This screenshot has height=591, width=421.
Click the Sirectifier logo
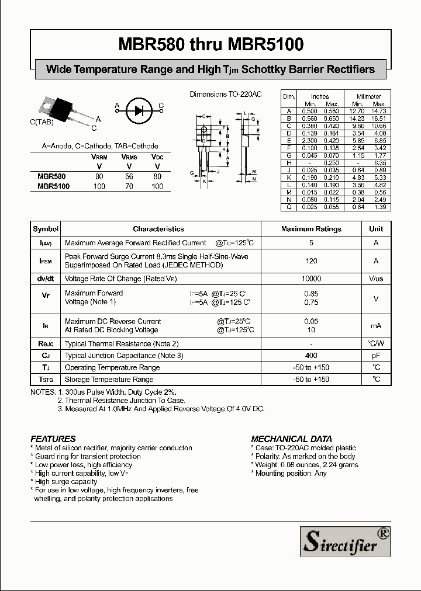pyautogui.click(x=345, y=541)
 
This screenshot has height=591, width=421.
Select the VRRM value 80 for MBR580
pyautogui.click(x=99, y=176)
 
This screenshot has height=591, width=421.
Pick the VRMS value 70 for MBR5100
pyautogui.click(x=129, y=186)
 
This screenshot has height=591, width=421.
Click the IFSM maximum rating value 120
pyautogui.click(x=311, y=261)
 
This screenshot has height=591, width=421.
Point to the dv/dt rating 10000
pyautogui.click(x=311, y=279)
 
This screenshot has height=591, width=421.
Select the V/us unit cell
pyautogui.click(x=376, y=279)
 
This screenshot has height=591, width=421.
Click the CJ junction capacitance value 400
pyautogui.click(x=311, y=356)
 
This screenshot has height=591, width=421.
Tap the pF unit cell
pyautogui.click(x=376, y=356)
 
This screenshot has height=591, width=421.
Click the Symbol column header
pyautogui.click(x=46, y=230)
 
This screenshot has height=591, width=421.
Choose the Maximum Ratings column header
pyautogui.click(x=311, y=230)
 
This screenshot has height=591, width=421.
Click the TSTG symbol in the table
pyautogui.click(x=46, y=380)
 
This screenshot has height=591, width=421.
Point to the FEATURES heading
pyautogui.click(x=53, y=439)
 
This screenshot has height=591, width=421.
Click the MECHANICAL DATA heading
pyautogui.click(x=291, y=439)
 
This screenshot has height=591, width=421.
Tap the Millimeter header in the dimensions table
pyautogui.click(x=368, y=96)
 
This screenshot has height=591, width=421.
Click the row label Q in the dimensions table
pyautogui.click(x=288, y=207)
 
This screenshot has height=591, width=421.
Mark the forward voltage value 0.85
pyautogui.click(x=311, y=293)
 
